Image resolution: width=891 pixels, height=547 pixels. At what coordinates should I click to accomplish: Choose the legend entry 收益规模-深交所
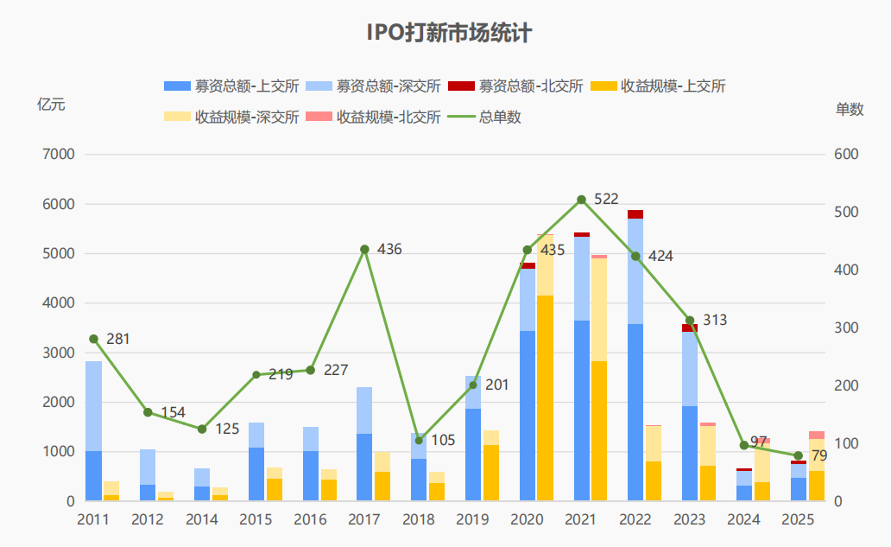(x=232, y=117)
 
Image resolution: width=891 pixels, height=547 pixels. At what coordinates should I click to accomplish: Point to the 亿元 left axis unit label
(x=51, y=105)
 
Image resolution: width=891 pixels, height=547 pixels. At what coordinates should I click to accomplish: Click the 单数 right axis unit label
(x=850, y=109)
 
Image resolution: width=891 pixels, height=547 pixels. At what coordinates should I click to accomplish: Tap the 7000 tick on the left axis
(x=60, y=155)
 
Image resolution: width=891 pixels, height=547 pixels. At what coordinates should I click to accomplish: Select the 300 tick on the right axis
(x=846, y=328)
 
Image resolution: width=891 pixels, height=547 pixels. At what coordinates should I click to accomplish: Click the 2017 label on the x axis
(x=364, y=519)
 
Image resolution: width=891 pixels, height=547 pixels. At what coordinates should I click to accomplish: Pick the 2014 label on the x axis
(x=202, y=519)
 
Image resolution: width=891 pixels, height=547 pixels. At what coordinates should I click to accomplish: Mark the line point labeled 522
(x=581, y=200)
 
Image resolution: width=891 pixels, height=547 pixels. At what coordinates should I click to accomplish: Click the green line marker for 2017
(x=364, y=250)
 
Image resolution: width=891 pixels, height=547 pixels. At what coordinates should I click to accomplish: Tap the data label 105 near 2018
(x=443, y=441)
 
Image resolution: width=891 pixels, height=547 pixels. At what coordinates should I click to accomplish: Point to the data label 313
(x=715, y=321)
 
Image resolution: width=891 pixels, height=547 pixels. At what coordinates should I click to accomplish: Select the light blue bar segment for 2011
(x=93, y=406)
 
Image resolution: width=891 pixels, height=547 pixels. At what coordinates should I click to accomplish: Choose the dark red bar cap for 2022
(x=635, y=214)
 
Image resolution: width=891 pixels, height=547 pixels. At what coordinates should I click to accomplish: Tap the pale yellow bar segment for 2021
(x=599, y=309)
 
